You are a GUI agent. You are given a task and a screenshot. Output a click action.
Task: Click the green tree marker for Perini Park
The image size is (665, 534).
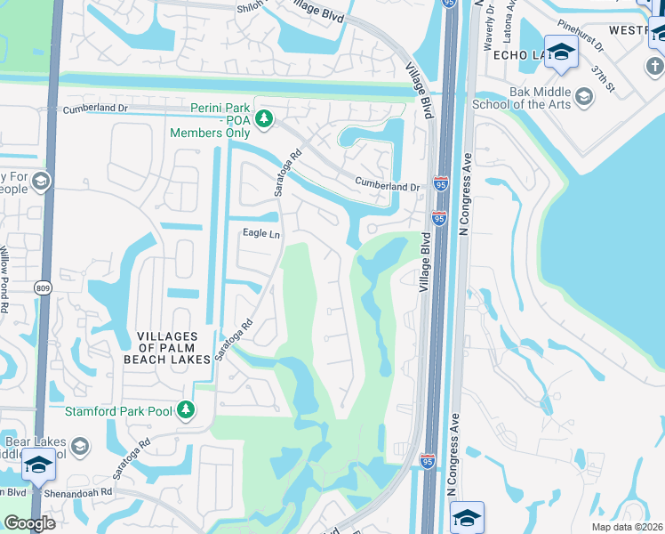[x=263, y=117]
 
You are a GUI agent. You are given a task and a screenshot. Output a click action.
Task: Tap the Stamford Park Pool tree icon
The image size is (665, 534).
[x=186, y=409]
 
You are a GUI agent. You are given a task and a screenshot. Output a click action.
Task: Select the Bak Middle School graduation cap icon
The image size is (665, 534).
[x=584, y=96]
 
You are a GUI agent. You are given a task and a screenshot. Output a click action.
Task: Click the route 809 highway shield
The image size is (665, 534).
[x=43, y=287]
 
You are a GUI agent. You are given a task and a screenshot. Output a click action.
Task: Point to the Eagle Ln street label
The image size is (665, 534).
[x=261, y=233]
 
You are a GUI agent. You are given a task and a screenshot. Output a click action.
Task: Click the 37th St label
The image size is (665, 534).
[x=606, y=77]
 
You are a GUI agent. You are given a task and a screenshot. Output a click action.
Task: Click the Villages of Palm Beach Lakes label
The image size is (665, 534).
[x=173, y=346]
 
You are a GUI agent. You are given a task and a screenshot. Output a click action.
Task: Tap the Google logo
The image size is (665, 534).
[x=30, y=523]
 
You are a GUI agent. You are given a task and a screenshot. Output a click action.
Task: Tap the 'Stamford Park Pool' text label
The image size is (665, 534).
[x=120, y=410]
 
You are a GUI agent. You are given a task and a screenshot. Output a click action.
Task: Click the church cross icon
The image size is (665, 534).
[x=655, y=67]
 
